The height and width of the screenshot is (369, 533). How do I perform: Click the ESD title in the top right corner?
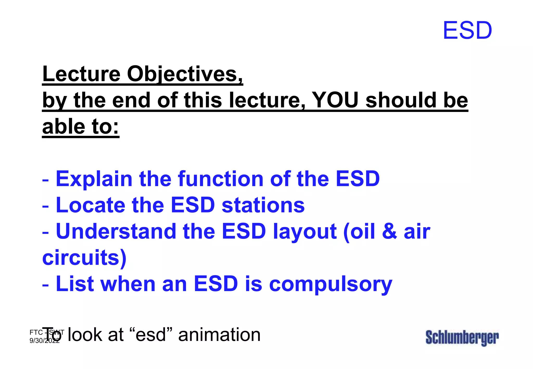pyautogui.click(x=467, y=31)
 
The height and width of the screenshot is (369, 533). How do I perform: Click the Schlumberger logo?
pyautogui.click(x=462, y=338)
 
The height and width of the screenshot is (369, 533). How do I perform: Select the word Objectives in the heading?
pyautogui.click(x=185, y=74)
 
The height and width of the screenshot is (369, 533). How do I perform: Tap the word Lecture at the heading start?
pyautogui.click(x=81, y=74)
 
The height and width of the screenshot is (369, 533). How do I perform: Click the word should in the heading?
pyautogui.click(x=401, y=100)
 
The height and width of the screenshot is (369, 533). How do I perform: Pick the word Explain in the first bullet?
pyautogui.click(x=94, y=179)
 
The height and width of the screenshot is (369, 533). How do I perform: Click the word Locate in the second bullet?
pyautogui.click(x=91, y=205)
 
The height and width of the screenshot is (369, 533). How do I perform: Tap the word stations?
pyautogui.click(x=263, y=205)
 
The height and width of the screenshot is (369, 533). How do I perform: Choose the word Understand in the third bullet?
pyautogui.click(x=116, y=231)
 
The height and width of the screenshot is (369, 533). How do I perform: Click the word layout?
pyautogui.click(x=305, y=231)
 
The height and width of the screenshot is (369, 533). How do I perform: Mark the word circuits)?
pyautogui.click(x=84, y=258)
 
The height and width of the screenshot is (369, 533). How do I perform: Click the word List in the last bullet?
pyautogui.click(x=75, y=284)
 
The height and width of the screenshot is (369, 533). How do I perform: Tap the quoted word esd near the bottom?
pyautogui.click(x=151, y=335)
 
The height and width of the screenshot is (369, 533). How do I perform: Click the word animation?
pyautogui.click(x=219, y=335)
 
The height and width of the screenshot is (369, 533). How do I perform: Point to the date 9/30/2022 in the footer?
pyautogui.click(x=44, y=341)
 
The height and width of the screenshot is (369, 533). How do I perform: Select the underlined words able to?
pyautogui.click(x=81, y=127)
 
